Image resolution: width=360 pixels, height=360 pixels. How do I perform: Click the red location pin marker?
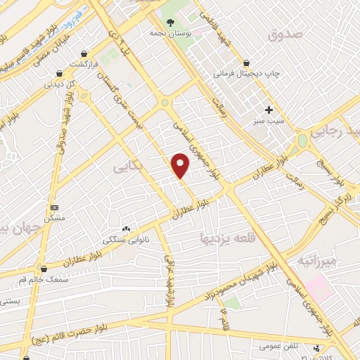(x=181, y=165)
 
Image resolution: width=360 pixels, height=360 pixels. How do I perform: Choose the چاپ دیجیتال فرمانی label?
(x=242, y=72)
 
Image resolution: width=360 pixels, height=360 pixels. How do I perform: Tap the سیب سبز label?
(x=267, y=121)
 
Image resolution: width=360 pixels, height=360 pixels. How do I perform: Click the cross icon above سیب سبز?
(x=268, y=110)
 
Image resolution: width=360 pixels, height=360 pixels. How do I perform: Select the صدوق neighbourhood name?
(x=285, y=32)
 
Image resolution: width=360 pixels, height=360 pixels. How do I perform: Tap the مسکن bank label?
(x=54, y=219)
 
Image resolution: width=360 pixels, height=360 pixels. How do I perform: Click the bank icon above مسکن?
(x=55, y=208)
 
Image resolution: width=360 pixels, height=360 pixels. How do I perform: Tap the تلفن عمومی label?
(x=261, y=347)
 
